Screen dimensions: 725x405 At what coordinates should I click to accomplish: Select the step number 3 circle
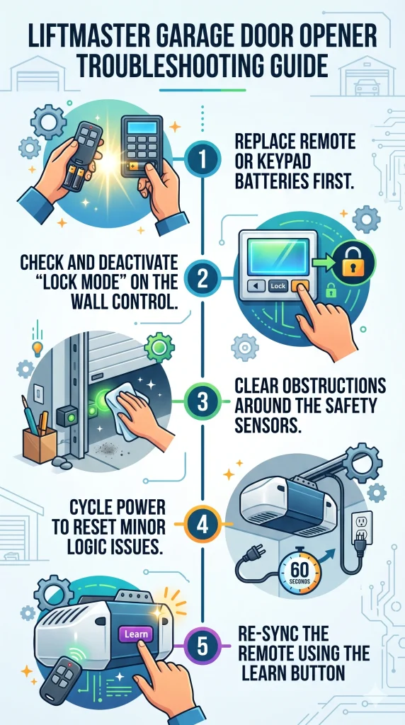202,401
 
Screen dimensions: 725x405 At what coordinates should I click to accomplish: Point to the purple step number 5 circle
202,646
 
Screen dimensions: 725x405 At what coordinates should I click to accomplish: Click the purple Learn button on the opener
136,634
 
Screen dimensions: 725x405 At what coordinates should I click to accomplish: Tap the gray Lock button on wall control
278,287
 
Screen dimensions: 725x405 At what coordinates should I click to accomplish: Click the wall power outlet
360,527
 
